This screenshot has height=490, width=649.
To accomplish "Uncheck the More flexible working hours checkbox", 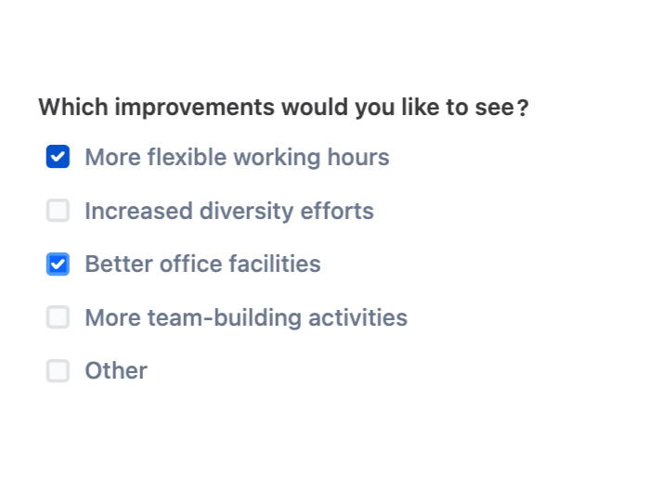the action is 58,157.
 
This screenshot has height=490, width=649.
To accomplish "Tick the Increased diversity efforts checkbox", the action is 58,211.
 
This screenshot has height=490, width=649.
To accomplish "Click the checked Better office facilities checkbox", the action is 58,264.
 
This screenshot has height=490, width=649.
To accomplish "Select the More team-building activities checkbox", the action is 58,317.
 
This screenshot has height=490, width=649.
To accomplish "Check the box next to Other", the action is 58,371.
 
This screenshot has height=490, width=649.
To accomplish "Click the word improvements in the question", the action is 195,108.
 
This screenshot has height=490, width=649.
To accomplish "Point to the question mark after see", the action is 523,108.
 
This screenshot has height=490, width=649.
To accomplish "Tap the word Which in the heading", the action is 73,108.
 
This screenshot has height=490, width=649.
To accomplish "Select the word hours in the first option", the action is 358,157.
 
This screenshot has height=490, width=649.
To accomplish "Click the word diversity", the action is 247,211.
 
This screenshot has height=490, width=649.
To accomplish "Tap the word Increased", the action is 138,211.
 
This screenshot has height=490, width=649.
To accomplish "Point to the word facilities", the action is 275,264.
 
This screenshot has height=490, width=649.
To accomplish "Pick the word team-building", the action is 225,317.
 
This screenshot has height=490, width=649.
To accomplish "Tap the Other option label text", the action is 116,371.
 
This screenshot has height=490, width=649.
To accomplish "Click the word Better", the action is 119,264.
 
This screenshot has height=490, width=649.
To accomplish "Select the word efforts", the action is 337,211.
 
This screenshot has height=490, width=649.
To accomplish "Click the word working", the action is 278,158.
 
